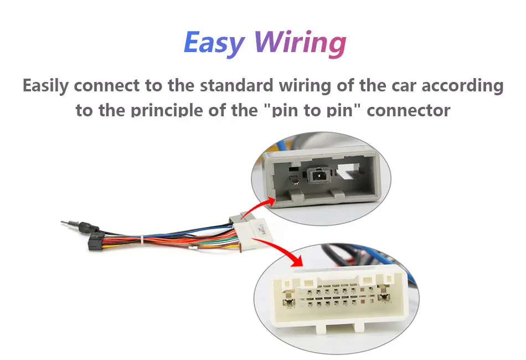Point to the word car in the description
[x=395, y=86]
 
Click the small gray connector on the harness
[x=236, y=221]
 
